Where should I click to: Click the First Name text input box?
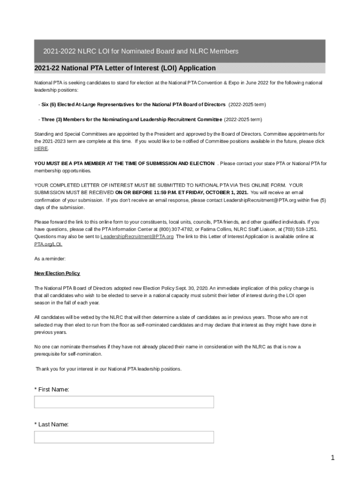(124, 402)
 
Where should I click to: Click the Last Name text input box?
(124, 437)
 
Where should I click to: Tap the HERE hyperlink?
(41, 148)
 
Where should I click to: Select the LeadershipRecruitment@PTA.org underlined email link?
(137, 237)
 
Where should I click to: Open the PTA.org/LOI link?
(48, 244)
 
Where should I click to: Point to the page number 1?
(332, 458)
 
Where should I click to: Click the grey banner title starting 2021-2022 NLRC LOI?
(141, 51)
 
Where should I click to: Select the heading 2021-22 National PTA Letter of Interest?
(125, 68)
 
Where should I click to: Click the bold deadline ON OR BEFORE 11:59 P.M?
(182, 192)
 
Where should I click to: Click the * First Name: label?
(51, 389)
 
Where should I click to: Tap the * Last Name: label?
(51, 424)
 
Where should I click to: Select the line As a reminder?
(50, 259)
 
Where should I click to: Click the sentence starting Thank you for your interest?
(108, 369)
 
